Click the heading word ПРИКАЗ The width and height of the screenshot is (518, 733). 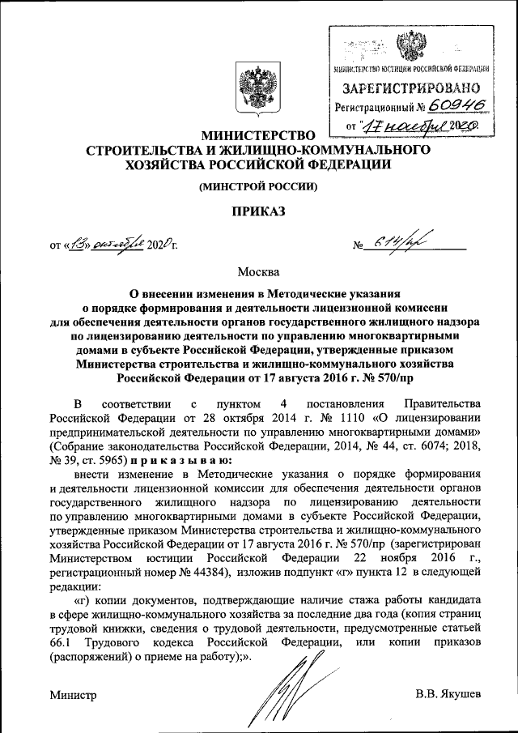point(258,211)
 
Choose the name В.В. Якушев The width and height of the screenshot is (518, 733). point(448,694)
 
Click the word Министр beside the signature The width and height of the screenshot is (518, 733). point(73,694)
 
